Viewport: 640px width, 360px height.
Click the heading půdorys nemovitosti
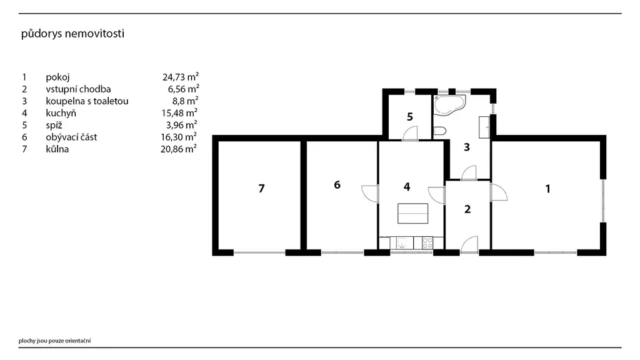pos(72,34)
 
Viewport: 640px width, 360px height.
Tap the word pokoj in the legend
pos(57,77)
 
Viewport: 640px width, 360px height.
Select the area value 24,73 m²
pos(181,77)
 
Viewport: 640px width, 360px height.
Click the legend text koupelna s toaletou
pos(87,101)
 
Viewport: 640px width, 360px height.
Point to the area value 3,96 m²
pos(182,124)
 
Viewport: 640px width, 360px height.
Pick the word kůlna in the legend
pos(57,149)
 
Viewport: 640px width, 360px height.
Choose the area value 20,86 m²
pos(178,149)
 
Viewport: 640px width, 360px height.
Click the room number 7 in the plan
pos(262,189)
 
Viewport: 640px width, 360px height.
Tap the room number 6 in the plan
pos(337,185)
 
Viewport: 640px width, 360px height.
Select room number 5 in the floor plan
pos(410,117)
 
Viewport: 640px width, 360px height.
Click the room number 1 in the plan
pos(547,189)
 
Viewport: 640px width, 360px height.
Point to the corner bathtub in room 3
pos(449,104)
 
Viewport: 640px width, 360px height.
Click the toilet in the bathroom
pos(439,131)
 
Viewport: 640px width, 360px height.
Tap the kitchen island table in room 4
pos(413,214)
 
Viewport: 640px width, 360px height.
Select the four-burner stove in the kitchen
pos(427,243)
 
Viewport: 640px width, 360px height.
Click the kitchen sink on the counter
pos(402,243)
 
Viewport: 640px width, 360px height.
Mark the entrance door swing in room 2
pos(469,244)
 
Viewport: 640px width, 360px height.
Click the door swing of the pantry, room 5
pos(410,134)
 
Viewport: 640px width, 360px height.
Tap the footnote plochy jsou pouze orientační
pos(55,341)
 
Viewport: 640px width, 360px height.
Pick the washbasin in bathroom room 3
pos(484,127)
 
